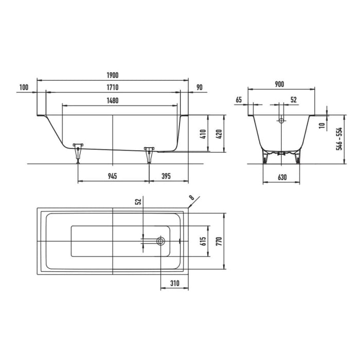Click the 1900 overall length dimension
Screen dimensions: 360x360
[113, 75]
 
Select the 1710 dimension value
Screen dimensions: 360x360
[113, 87]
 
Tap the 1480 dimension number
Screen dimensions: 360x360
[113, 101]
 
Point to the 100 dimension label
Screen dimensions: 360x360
[23, 87]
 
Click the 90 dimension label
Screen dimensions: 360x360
[200, 87]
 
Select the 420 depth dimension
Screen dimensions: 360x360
[219, 133]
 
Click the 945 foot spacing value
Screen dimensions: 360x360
[113, 176]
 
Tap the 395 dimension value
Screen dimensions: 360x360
[165, 176]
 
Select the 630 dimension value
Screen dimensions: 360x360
[281, 176]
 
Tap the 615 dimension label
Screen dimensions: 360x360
[203, 241]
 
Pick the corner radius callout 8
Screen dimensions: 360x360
[192, 197]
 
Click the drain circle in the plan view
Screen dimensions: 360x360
[161, 241]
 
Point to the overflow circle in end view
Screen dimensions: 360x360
[281, 121]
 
